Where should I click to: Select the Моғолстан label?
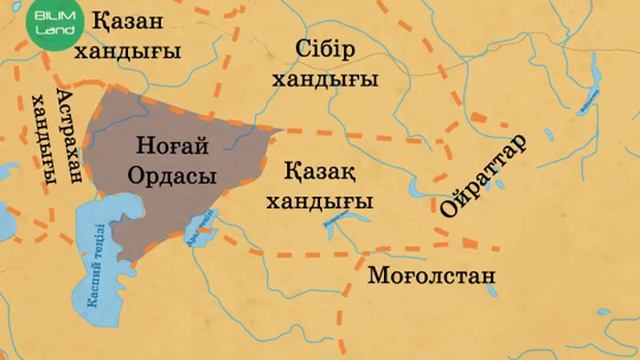[432, 275]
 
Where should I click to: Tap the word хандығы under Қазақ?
[328, 199]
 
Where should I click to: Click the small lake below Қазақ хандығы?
[333, 229]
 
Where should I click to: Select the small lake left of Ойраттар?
[413, 189]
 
